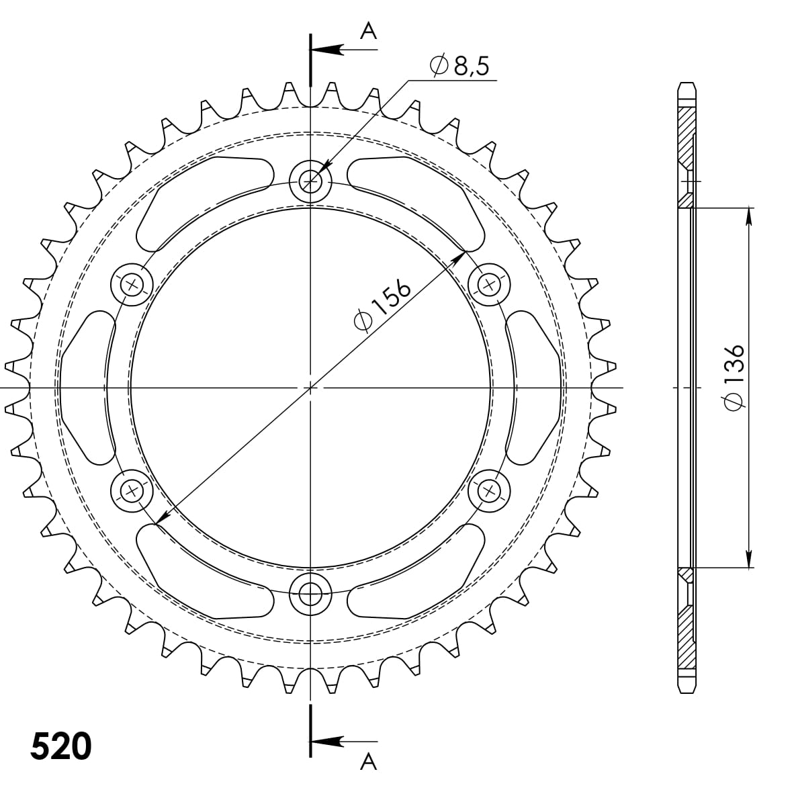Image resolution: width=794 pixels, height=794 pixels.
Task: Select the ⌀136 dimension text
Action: (x=735, y=377)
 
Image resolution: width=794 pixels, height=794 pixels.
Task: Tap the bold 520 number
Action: (x=61, y=746)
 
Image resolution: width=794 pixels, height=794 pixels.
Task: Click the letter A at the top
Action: (x=368, y=30)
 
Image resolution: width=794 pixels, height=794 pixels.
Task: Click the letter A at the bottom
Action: (x=368, y=762)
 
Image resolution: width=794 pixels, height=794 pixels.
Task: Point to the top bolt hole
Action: (x=310, y=180)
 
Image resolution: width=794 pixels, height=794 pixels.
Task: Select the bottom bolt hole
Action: (x=310, y=593)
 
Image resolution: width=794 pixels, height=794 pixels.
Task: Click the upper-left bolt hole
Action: (x=131, y=284)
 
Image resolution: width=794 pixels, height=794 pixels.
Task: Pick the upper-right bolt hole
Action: (x=489, y=284)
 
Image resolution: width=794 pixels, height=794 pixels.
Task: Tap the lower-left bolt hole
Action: (x=131, y=491)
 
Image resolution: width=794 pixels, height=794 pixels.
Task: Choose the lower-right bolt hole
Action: (x=489, y=491)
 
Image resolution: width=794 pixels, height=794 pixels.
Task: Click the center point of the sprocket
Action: (x=310, y=388)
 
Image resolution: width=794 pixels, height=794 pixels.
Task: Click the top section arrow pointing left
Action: (x=329, y=50)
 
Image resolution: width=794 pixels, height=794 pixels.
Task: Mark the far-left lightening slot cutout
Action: (x=85, y=388)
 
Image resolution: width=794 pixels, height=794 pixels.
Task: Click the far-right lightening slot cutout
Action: (x=535, y=388)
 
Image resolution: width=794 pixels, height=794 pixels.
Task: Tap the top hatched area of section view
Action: (x=685, y=134)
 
